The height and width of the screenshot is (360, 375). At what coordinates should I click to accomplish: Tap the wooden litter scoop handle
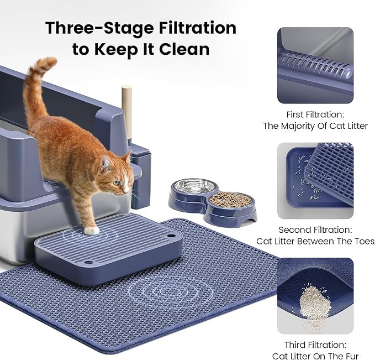pos(128,111)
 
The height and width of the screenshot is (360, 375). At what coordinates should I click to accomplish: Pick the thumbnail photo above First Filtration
pos(315,66)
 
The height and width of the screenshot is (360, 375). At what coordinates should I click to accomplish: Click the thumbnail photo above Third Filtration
pos(315,296)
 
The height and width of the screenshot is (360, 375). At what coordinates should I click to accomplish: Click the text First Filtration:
pos(315,114)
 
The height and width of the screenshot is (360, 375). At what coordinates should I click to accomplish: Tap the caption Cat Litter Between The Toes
pos(315,241)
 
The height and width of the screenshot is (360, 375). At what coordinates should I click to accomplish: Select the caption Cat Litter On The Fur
pos(315,356)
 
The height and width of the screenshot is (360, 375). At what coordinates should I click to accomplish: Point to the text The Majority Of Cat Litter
pos(315,126)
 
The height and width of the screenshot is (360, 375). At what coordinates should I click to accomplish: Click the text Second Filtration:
pos(315,229)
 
